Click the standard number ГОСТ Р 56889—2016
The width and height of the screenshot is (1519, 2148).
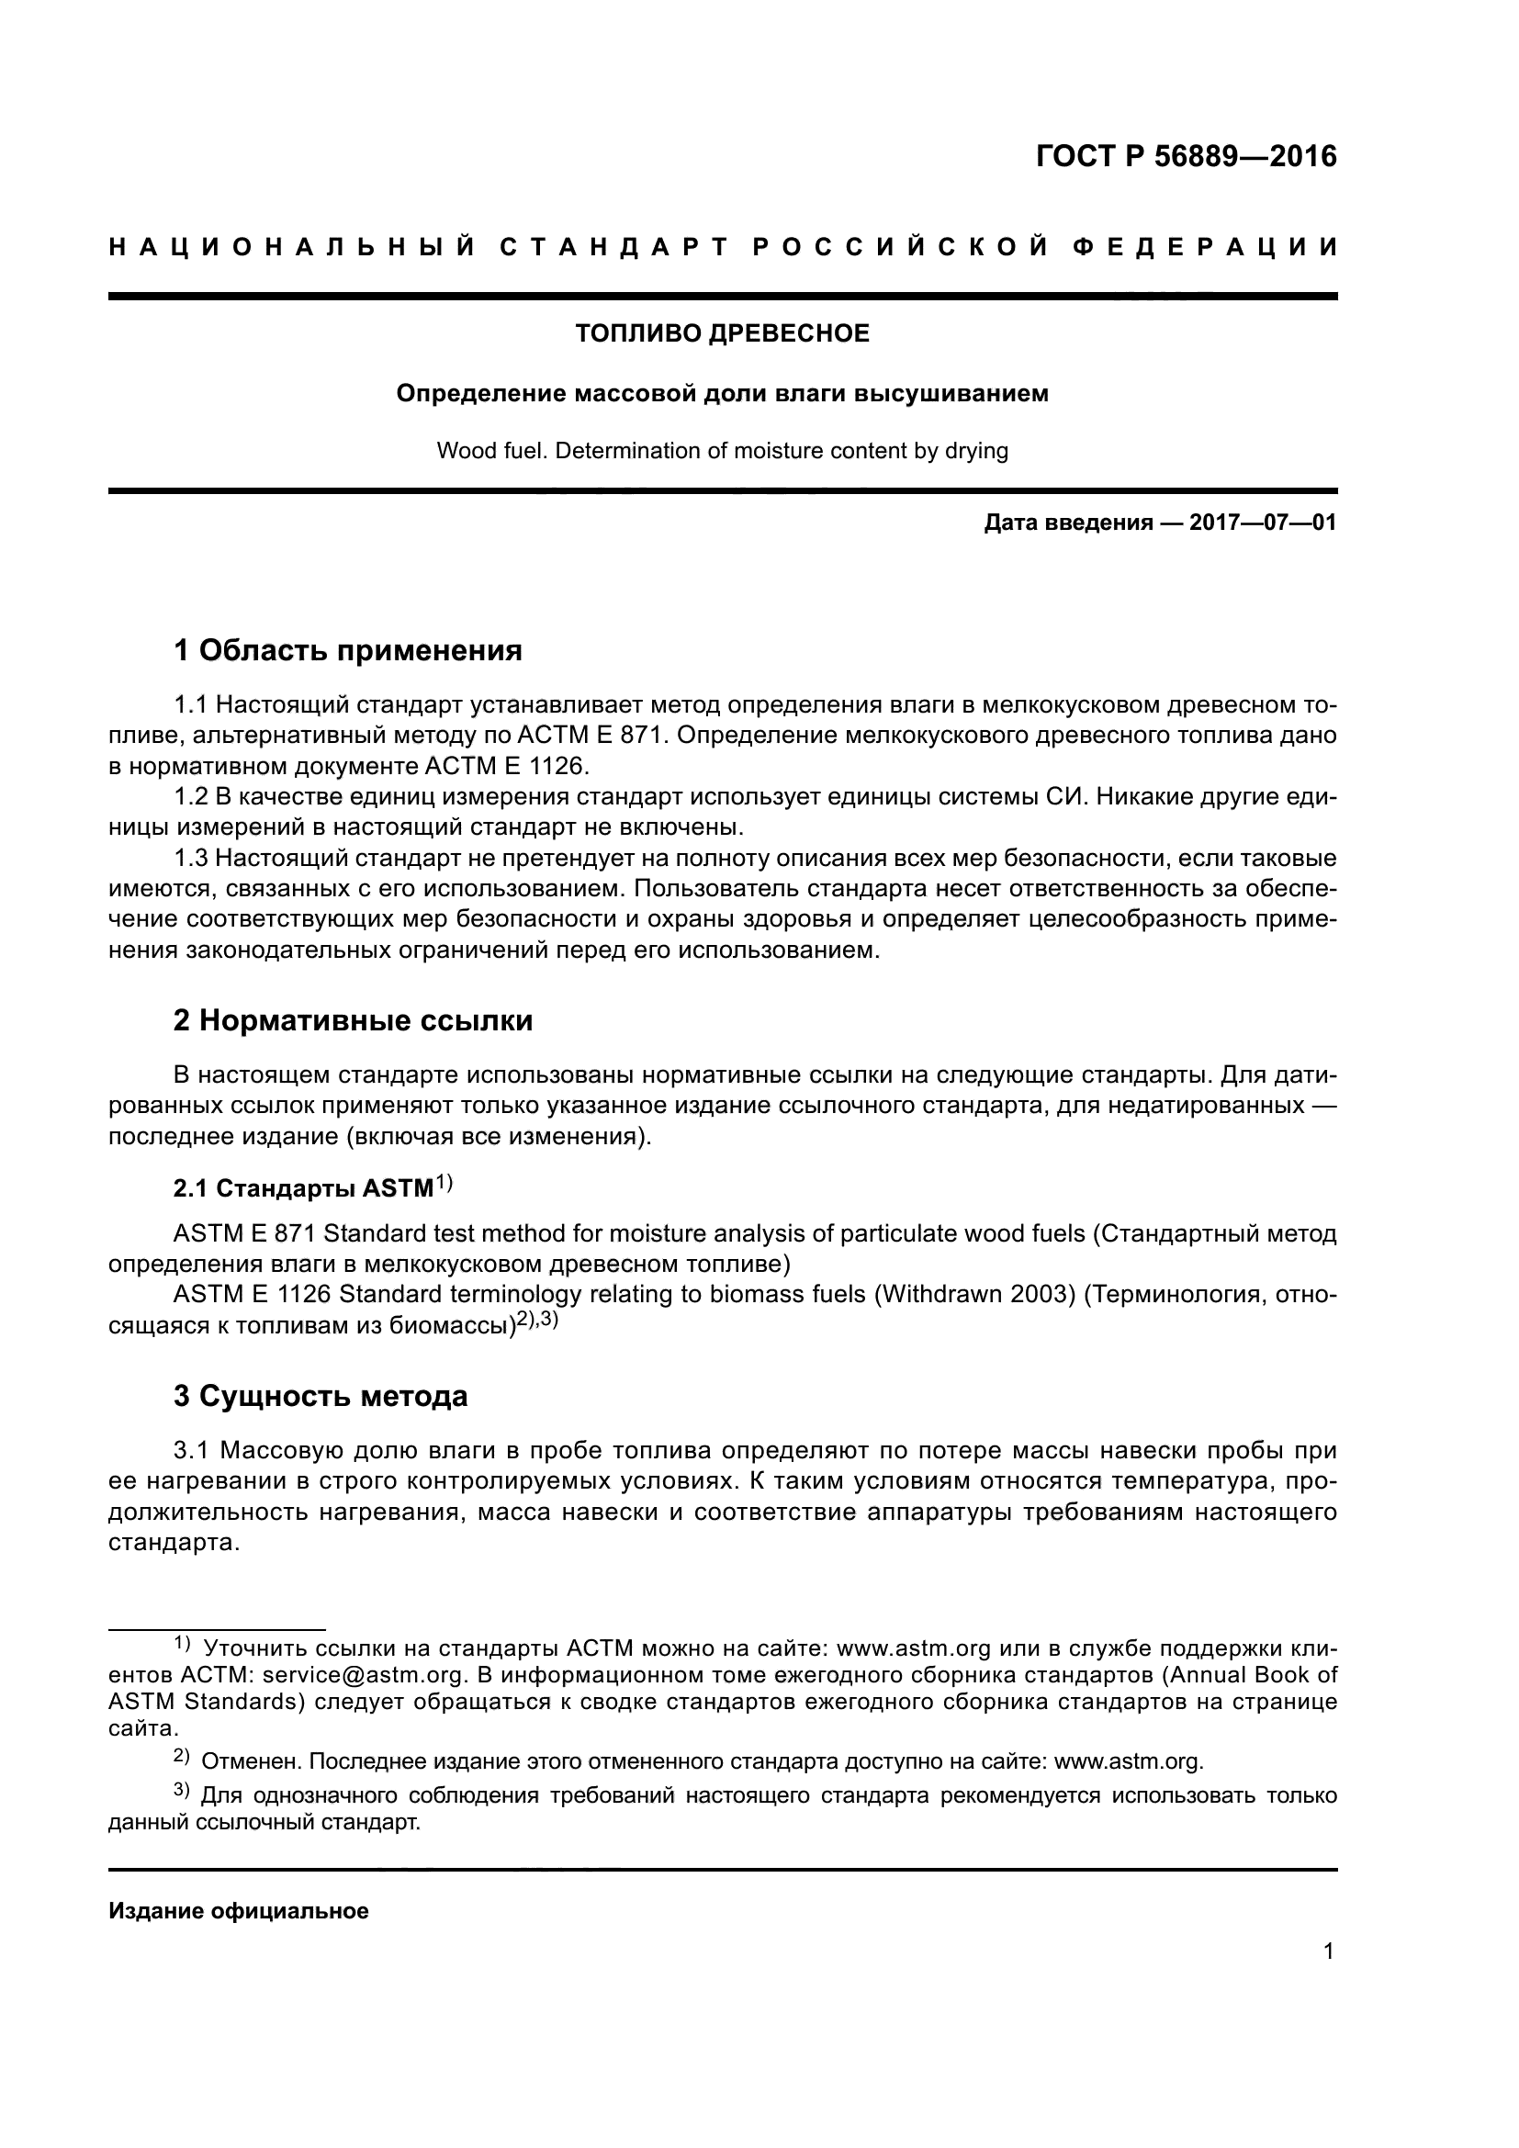[1186, 156]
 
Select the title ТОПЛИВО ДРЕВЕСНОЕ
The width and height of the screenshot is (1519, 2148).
[722, 334]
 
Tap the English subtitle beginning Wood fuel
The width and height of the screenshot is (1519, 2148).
[722, 451]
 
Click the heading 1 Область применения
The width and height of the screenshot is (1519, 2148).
[348, 650]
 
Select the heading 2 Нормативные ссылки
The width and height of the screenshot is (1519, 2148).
[353, 1019]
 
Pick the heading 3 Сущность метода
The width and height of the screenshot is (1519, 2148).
[320, 1397]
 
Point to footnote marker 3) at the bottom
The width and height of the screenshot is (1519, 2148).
[182, 1792]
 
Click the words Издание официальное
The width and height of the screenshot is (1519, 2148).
[239, 1911]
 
